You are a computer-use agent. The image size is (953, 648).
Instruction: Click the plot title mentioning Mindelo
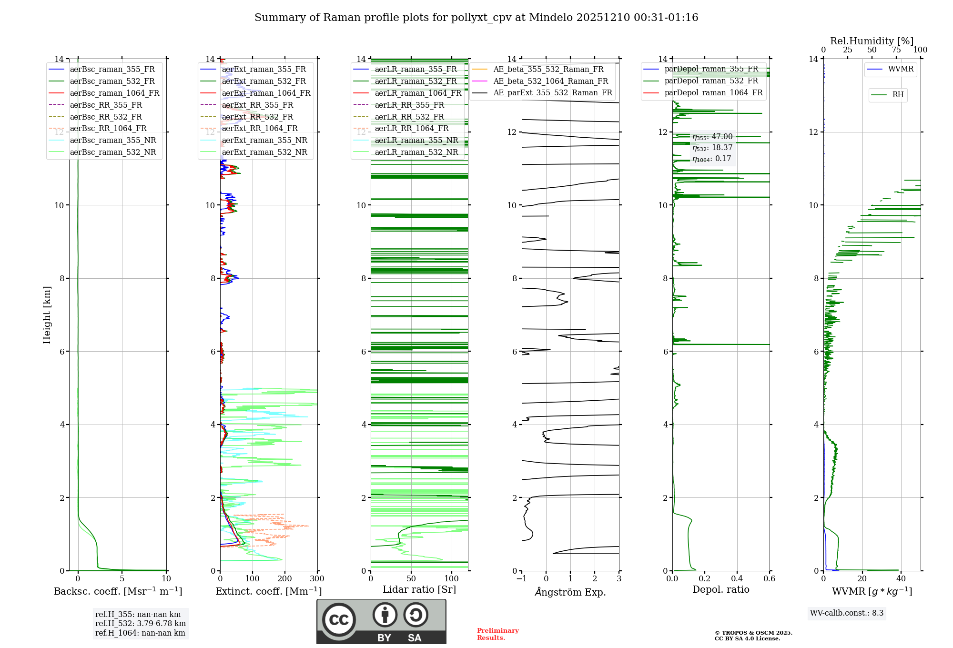pos(476,18)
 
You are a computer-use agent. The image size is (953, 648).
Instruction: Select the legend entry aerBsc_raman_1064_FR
pos(114,93)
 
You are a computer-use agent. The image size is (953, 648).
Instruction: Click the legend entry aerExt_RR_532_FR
pos(257,117)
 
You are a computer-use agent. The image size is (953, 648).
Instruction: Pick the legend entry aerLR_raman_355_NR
pos(416,140)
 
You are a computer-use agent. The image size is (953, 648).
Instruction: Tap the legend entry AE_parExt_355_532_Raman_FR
pos(552,92)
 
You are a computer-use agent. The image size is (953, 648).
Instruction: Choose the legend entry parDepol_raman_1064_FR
pos(713,92)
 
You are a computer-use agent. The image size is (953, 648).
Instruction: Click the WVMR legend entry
pos(901,69)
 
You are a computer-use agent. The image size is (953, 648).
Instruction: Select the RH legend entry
pos(898,95)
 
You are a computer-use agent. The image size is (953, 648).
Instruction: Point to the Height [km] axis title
pos(47,315)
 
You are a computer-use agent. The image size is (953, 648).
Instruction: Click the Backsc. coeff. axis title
pos(118,591)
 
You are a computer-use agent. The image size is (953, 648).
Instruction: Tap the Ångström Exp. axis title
pos(570,592)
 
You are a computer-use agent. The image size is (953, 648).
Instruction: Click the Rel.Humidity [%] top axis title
pos(872,41)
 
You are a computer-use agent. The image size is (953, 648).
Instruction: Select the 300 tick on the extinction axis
pos(317,579)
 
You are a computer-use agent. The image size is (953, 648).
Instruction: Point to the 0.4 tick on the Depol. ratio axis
pos(737,579)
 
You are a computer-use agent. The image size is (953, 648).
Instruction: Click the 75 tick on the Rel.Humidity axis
pos(896,50)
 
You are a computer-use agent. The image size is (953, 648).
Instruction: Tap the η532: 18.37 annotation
pos(712,148)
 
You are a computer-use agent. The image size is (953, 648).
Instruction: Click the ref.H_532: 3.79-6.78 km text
pos(140,624)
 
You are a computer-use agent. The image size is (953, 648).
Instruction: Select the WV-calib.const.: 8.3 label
pos(846,613)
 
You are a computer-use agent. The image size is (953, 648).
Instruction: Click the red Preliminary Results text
pos(497,634)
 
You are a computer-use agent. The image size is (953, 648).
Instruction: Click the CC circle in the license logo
pos(339,620)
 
